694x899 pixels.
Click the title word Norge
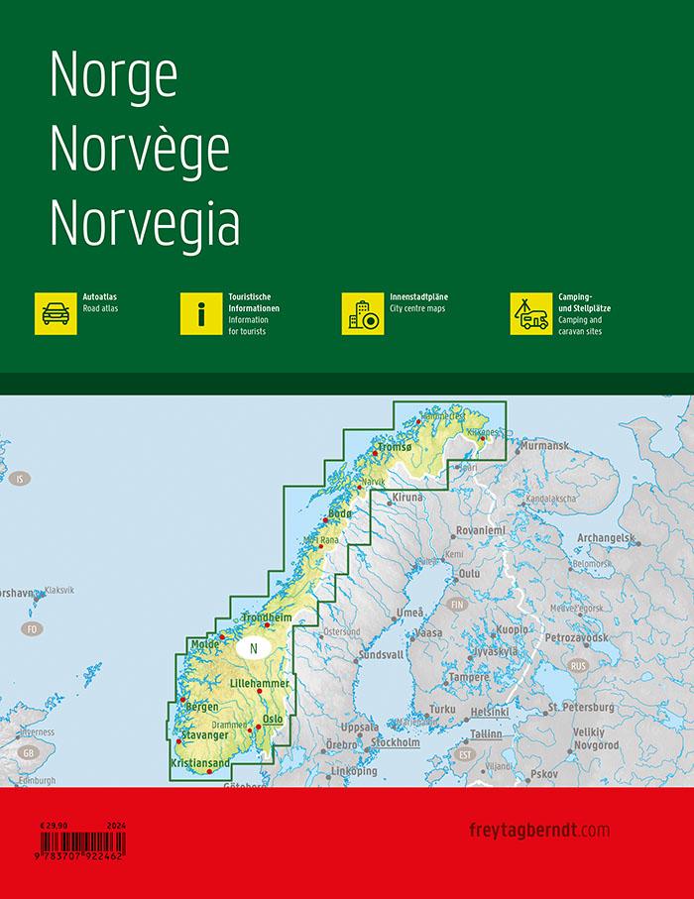(113, 75)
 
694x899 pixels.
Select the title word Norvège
(140, 150)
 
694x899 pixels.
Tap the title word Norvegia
(145, 224)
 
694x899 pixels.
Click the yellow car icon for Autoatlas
(56, 313)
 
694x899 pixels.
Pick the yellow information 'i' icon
(201, 313)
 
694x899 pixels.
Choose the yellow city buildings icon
(363, 313)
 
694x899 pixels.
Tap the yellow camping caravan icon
(531, 313)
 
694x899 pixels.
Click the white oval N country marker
(254, 649)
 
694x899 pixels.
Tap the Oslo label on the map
(273, 719)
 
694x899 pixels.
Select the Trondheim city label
(267, 618)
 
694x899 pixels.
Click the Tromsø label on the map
(394, 448)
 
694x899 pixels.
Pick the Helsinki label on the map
(490, 712)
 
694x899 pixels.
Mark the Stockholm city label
(396, 741)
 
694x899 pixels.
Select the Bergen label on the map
(201, 706)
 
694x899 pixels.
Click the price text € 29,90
(54, 826)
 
